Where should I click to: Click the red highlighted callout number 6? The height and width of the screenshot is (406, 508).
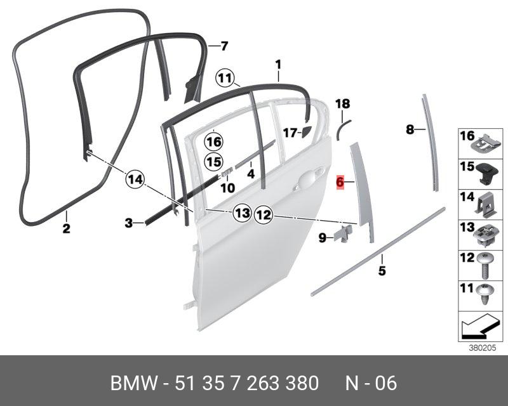pyautogui.click(x=340, y=183)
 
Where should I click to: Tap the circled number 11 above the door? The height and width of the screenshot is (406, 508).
pyautogui.click(x=224, y=79)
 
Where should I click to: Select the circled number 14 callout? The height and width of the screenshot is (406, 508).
pyautogui.click(x=135, y=180)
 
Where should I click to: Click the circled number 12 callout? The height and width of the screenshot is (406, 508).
pyautogui.click(x=263, y=216)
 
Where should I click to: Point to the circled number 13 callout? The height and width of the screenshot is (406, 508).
pyautogui.click(x=241, y=213)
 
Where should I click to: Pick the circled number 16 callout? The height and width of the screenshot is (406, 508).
pyautogui.click(x=213, y=141)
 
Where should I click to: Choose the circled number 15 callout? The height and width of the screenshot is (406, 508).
pyautogui.click(x=213, y=162)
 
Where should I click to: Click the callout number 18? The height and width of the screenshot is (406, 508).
pyautogui.click(x=342, y=103)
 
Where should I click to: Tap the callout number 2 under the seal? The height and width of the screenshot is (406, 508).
pyautogui.click(x=66, y=228)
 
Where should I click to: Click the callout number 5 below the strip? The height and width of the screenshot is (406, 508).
pyautogui.click(x=382, y=272)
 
